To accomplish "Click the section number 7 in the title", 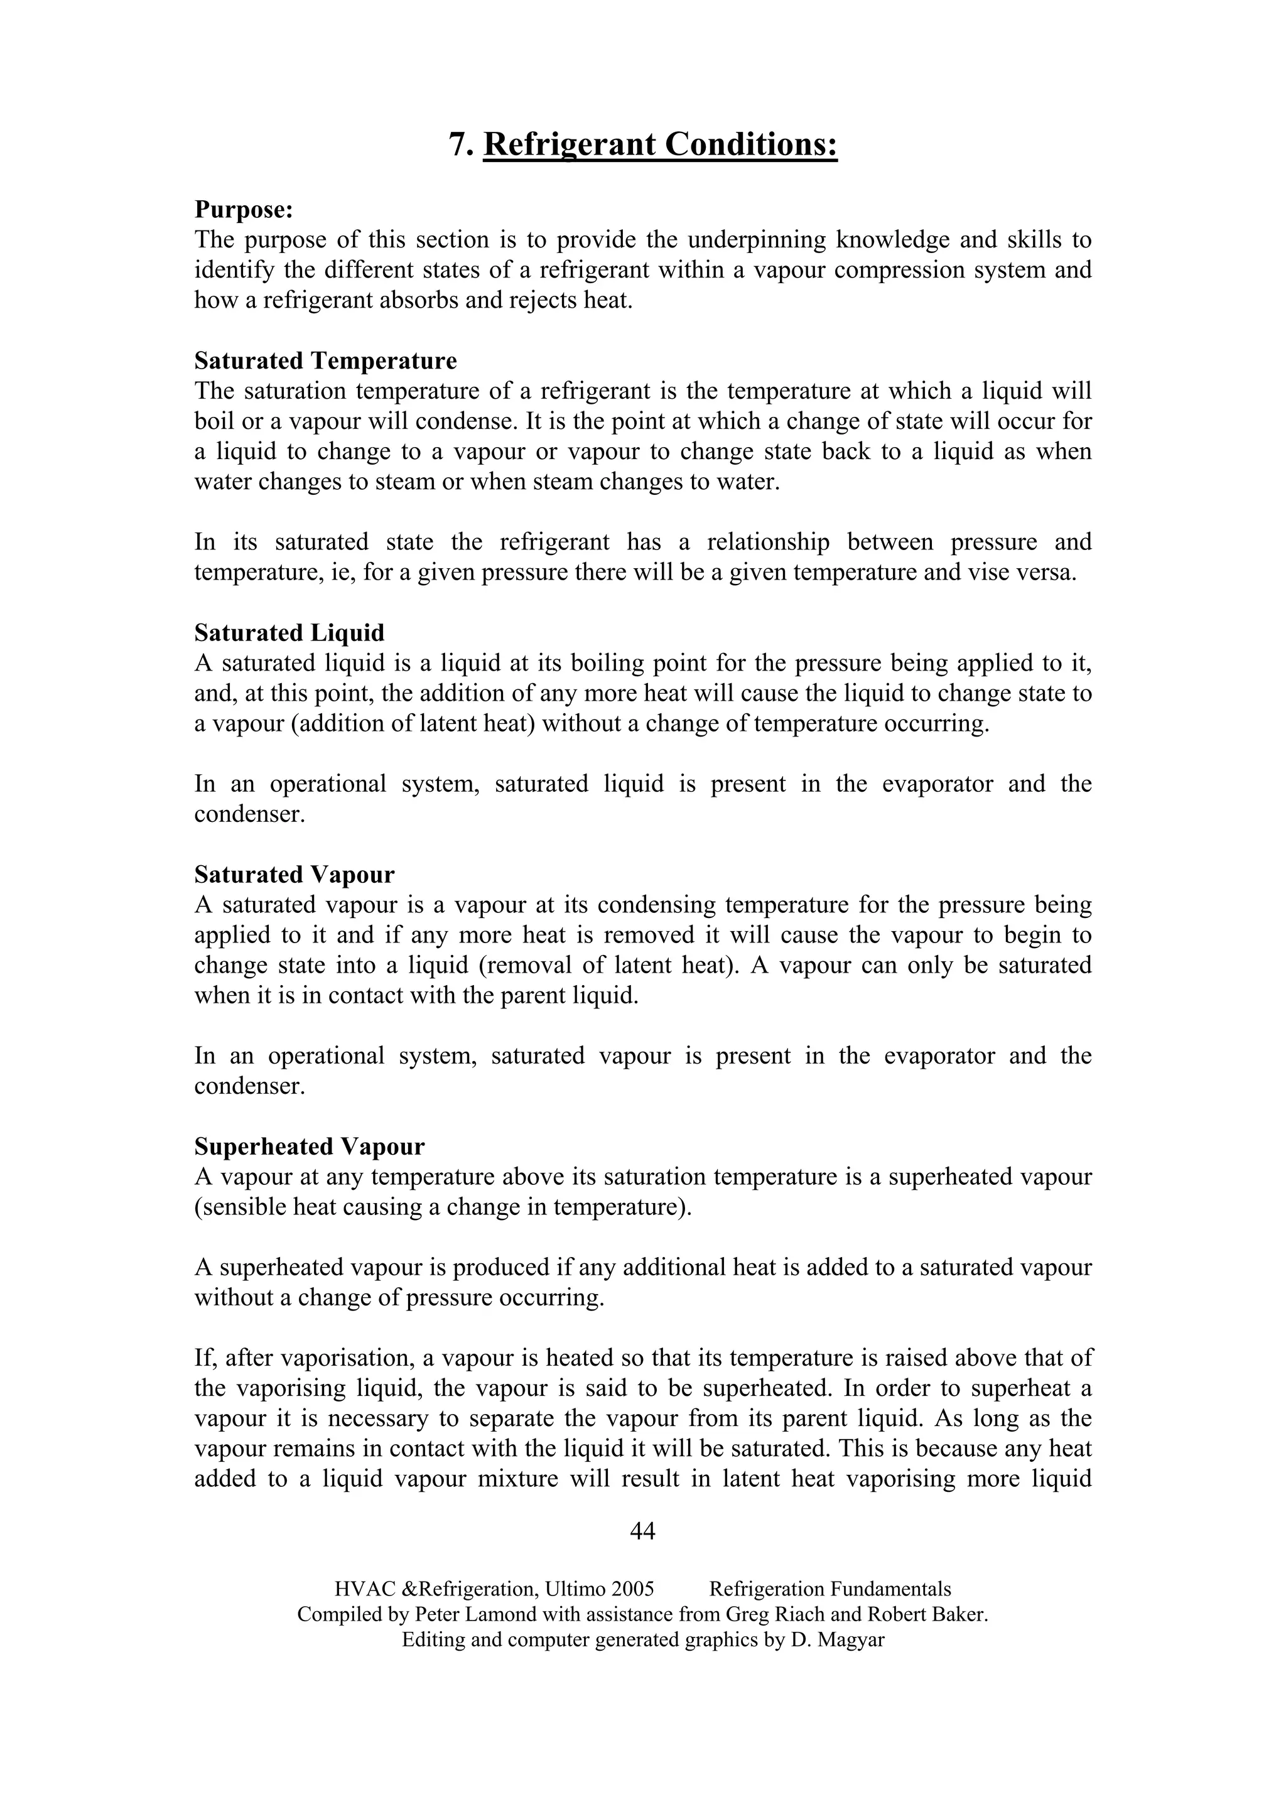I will click(x=457, y=145).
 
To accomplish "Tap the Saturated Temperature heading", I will click(x=326, y=361).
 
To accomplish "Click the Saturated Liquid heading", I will click(x=289, y=633).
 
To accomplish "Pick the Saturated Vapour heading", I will click(x=294, y=875).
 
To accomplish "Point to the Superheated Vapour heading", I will click(x=309, y=1147).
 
